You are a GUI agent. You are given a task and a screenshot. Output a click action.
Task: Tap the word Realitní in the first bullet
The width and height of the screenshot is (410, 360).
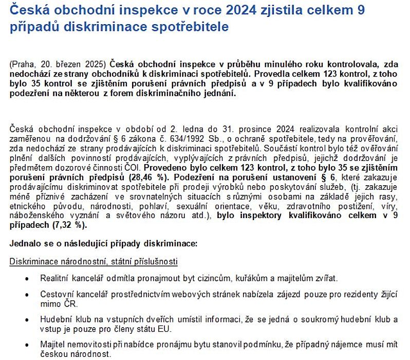(x=54, y=278)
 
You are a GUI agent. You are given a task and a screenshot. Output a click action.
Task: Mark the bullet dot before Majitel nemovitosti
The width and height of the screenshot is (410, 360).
(x=27, y=344)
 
